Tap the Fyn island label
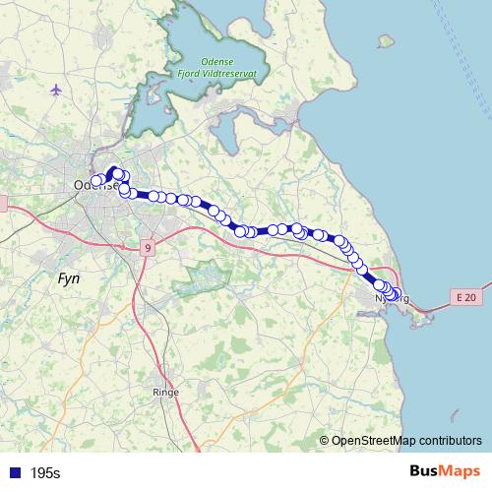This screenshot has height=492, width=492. (69, 279)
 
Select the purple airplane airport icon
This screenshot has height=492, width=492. (55, 90)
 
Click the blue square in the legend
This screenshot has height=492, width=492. (14, 473)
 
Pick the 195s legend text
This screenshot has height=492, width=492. (45, 473)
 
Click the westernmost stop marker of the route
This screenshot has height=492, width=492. (97, 180)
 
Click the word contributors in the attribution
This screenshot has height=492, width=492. (452, 440)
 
